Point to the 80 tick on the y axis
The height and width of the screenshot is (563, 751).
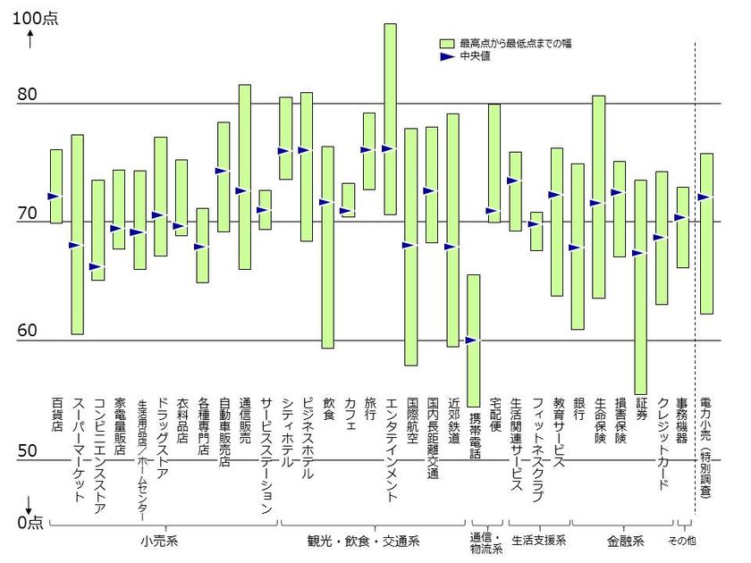pyautogui.click(x=27, y=94)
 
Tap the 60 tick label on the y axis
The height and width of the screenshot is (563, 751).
pyautogui.click(x=27, y=331)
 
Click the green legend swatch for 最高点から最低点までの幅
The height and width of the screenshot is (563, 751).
pyautogui.click(x=447, y=43)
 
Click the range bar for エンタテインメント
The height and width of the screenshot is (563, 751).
pyautogui.click(x=390, y=119)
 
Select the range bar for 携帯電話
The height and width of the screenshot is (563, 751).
pyautogui.click(x=473, y=340)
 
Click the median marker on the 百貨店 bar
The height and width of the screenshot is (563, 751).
pyautogui.click(x=54, y=196)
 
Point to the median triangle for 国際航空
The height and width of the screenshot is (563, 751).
pyautogui.click(x=409, y=245)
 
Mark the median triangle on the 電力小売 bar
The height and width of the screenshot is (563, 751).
pyautogui.click(x=705, y=197)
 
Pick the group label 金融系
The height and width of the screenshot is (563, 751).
pyautogui.click(x=624, y=541)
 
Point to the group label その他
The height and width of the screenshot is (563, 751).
pyautogui.click(x=683, y=541)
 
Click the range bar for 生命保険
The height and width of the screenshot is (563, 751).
pyautogui.click(x=599, y=197)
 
